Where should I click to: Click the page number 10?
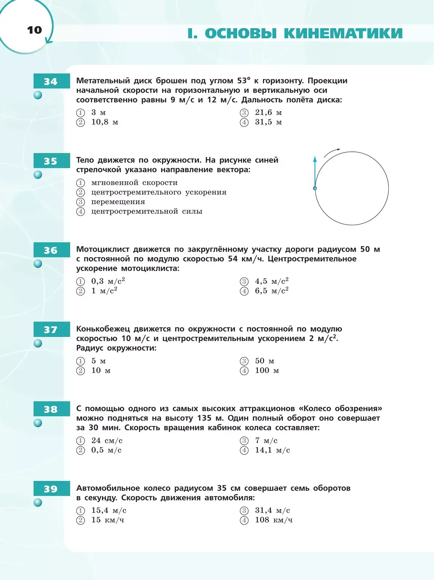[x=34, y=30]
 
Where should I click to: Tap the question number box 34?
[x=51, y=81]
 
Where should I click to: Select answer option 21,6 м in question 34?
[x=268, y=112]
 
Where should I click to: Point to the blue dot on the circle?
[x=315, y=188]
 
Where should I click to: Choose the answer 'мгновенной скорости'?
[x=134, y=183]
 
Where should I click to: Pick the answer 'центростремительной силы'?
[x=146, y=211]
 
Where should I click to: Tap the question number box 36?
[x=51, y=250]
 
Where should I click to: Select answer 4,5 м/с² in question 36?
[x=271, y=281]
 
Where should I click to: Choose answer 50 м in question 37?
[x=264, y=361]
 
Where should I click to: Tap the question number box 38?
[x=51, y=409]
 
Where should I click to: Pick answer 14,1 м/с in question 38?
[x=272, y=450]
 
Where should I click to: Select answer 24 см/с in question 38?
[x=107, y=440]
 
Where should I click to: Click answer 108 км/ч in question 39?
[x=273, y=520]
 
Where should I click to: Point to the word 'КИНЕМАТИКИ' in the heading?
[x=343, y=33]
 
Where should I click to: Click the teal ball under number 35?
[x=38, y=175]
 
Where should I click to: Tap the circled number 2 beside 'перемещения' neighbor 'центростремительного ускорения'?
[x=80, y=192]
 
